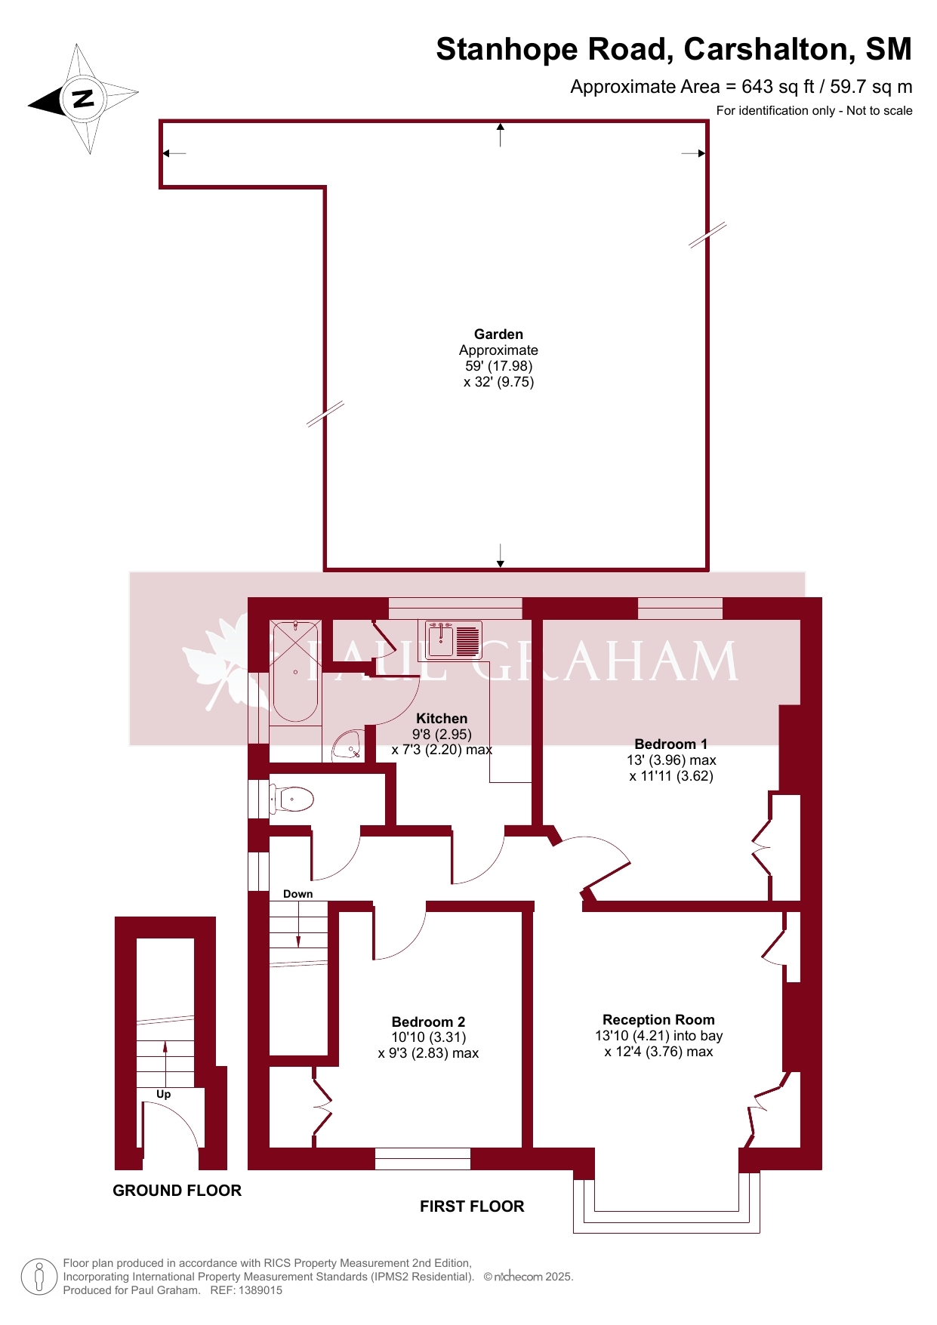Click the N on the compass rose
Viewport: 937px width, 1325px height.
click(83, 98)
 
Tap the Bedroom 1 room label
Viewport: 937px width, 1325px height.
click(671, 744)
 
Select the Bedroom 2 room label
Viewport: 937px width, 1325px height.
click(428, 1021)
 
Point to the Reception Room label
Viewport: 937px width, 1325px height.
click(658, 1019)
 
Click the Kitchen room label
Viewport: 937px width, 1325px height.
click(442, 719)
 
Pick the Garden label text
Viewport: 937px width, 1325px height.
click(498, 334)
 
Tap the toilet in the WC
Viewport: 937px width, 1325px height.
click(291, 798)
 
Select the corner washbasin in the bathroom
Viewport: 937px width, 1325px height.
click(348, 745)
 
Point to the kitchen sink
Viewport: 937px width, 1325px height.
click(453, 639)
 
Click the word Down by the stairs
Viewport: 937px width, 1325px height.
click(297, 894)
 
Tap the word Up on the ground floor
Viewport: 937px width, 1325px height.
click(164, 1094)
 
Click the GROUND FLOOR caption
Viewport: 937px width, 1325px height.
click(177, 1191)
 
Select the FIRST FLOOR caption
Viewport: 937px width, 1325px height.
click(472, 1206)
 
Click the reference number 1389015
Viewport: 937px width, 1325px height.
click(260, 1290)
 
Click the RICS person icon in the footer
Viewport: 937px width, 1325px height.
click(39, 1277)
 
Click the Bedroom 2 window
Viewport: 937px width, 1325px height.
click(423, 1159)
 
